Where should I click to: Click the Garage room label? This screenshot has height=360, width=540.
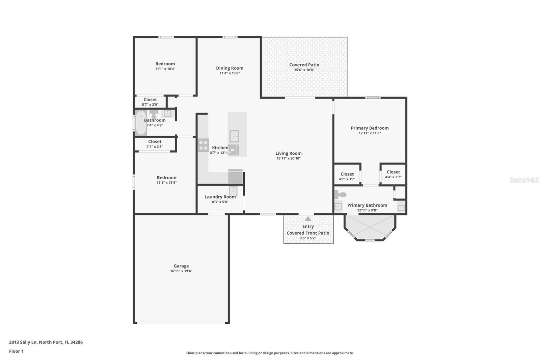pos(181,266)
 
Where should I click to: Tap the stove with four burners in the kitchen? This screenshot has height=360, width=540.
pos(203,145)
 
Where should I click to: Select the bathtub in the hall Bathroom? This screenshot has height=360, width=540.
pos(140,123)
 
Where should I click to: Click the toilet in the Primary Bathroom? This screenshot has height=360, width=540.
pos(341,195)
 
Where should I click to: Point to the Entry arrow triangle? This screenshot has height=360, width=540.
pos(308,219)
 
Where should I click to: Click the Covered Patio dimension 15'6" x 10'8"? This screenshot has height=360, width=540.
pos(304,70)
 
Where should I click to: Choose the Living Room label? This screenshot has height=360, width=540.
pos(288,153)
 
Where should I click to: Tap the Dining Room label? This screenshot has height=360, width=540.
pos(230,68)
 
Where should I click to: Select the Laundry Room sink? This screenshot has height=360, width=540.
pos(233,191)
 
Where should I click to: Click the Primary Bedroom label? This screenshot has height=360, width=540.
pos(370,128)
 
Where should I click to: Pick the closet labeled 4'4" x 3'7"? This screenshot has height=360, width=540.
pos(393,174)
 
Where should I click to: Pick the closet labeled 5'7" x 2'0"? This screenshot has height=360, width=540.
pos(150,102)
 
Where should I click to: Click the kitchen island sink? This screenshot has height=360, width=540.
pos(234,136)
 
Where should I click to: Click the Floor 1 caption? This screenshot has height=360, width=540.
pos(16,351)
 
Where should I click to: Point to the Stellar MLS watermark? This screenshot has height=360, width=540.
pos(524,180)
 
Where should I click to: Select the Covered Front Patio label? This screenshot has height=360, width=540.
pos(308,233)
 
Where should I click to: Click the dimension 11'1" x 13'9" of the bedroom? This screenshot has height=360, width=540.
pos(166,183)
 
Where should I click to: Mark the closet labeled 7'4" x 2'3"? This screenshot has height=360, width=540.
pos(155,144)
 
